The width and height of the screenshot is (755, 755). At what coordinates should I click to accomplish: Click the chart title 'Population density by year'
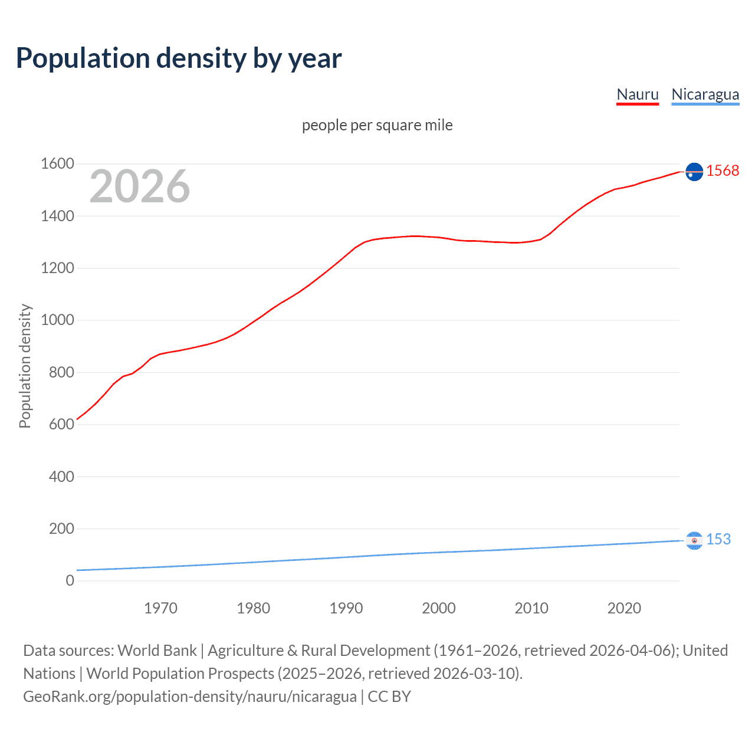179,58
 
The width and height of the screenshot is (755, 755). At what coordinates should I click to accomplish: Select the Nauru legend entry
637,94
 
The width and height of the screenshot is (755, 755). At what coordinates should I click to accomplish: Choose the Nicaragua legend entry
705,94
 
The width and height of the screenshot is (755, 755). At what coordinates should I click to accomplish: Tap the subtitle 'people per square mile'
377,125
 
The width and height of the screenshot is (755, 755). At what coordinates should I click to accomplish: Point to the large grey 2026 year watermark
140,186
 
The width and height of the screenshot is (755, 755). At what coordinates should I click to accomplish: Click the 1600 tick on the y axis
57,163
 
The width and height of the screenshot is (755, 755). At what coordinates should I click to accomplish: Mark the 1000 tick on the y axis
57,320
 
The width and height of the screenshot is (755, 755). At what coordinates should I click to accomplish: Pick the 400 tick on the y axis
61,476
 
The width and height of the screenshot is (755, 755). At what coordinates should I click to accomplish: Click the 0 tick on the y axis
70,580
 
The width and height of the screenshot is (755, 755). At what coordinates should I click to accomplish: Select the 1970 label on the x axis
160,608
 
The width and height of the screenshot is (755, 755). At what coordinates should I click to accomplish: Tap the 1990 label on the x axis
346,608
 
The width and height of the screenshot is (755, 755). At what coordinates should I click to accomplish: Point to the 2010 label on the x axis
531,608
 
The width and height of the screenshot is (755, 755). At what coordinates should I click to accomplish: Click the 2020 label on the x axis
624,608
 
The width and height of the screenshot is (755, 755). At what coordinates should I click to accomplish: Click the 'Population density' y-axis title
25,366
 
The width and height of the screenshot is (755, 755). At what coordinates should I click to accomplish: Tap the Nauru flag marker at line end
694,171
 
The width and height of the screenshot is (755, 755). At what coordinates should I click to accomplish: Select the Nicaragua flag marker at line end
694,540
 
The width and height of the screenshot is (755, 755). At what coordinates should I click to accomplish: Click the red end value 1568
723,170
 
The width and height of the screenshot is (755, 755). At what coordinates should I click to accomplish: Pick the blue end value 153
718,539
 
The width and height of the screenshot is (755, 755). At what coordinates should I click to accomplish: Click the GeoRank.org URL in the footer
189,697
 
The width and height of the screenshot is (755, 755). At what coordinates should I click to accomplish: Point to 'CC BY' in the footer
389,697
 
